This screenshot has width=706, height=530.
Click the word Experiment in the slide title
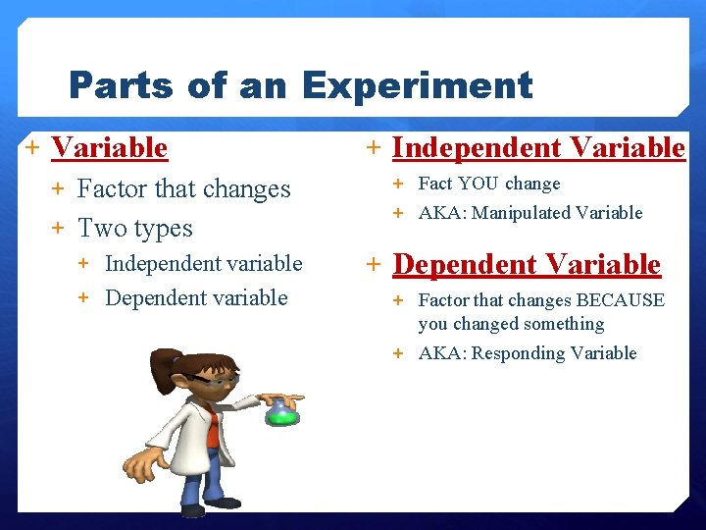[418, 86]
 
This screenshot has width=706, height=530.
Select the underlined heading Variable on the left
[109, 148]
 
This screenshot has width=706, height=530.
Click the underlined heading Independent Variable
[538, 148]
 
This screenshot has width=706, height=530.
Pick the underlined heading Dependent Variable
[527, 265]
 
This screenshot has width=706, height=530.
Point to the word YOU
[479, 184]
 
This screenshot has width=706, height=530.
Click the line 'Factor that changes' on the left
[183, 188]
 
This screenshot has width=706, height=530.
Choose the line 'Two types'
[134, 229]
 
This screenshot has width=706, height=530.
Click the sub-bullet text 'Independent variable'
[203, 264]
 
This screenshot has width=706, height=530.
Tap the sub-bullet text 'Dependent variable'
[196, 298]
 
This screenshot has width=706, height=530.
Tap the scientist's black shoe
[193, 509]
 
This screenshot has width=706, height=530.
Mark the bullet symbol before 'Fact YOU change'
[399, 184]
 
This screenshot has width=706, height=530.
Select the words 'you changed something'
[511, 324]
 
